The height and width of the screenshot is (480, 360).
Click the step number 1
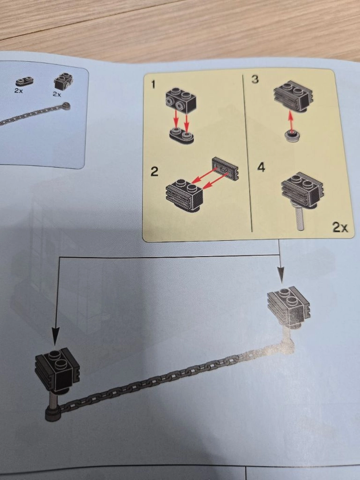pyautogui.click(x=154, y=84)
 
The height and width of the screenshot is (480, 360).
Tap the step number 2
pyautogui.click(x=155, y=171)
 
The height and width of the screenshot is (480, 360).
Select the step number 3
pyautogui.click(x=255, y=79)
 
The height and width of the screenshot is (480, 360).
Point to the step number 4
pyautogui.click(x=261, y=168)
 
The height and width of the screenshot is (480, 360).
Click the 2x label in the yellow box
pyautogui.click(x=340, y=227)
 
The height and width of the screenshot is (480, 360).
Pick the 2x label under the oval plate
pyautogui.click(x=19, y=91)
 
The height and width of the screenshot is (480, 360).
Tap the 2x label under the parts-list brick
pyautogui.click(x=57, y=94)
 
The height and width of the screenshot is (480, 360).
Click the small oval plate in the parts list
pyautogui.click(x=24, y=82)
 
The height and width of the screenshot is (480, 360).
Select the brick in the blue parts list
pyautogui.click(x=63, y=81)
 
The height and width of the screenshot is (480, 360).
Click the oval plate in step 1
pyautogui.click(x=181, y=136)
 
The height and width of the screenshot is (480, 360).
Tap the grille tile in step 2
pyautogui.click(x=225, y=168)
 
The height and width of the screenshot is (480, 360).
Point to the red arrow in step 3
pyautogui.click(x=291, y=121)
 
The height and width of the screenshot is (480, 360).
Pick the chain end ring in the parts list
pyautogui.click(x=65, y=107)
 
